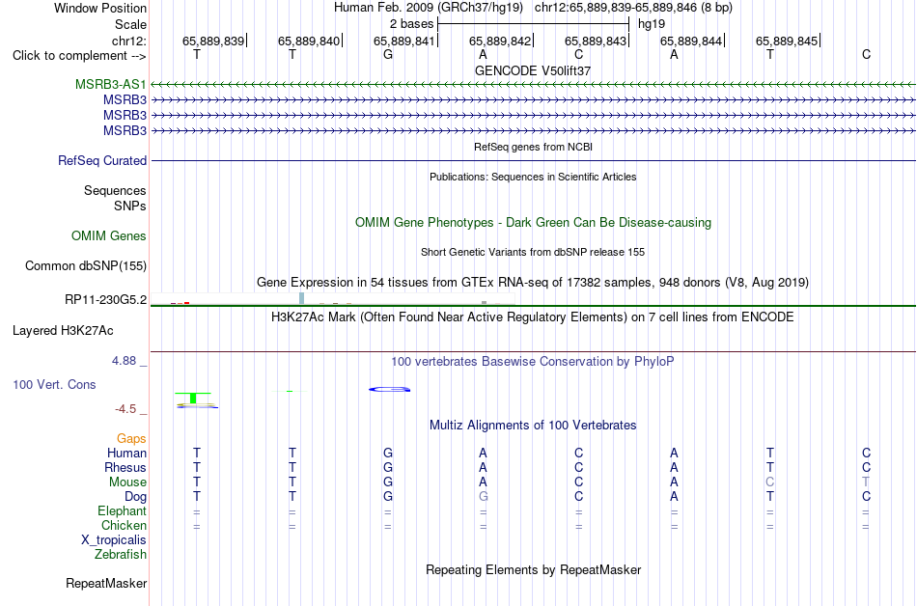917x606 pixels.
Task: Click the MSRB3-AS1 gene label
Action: pos(111,85)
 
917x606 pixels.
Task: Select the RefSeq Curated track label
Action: pos(102,161)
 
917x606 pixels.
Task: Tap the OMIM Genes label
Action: pos(109,236)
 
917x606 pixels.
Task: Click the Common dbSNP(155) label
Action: pos(86,266)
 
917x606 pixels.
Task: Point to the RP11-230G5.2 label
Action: pos(106,300)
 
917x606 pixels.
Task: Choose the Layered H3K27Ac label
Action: pos(63,331)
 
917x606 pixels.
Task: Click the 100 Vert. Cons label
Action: pos(54,384)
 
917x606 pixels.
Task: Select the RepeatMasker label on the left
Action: pos(106,583)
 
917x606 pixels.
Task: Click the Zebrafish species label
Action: pos(121,555)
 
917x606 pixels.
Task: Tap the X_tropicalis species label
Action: pos(114,540)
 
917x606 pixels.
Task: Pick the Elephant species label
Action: pos(123,510)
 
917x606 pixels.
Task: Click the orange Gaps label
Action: pos(131,439)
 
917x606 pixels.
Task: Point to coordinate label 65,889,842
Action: pos(500,41)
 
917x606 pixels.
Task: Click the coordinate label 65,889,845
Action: pos(787,41)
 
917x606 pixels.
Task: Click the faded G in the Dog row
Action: pos(483,497)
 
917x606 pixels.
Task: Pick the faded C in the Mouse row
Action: pos(769,482)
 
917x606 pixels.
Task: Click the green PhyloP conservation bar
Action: pos(194,398)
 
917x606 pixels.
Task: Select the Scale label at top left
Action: pos(130,24)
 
